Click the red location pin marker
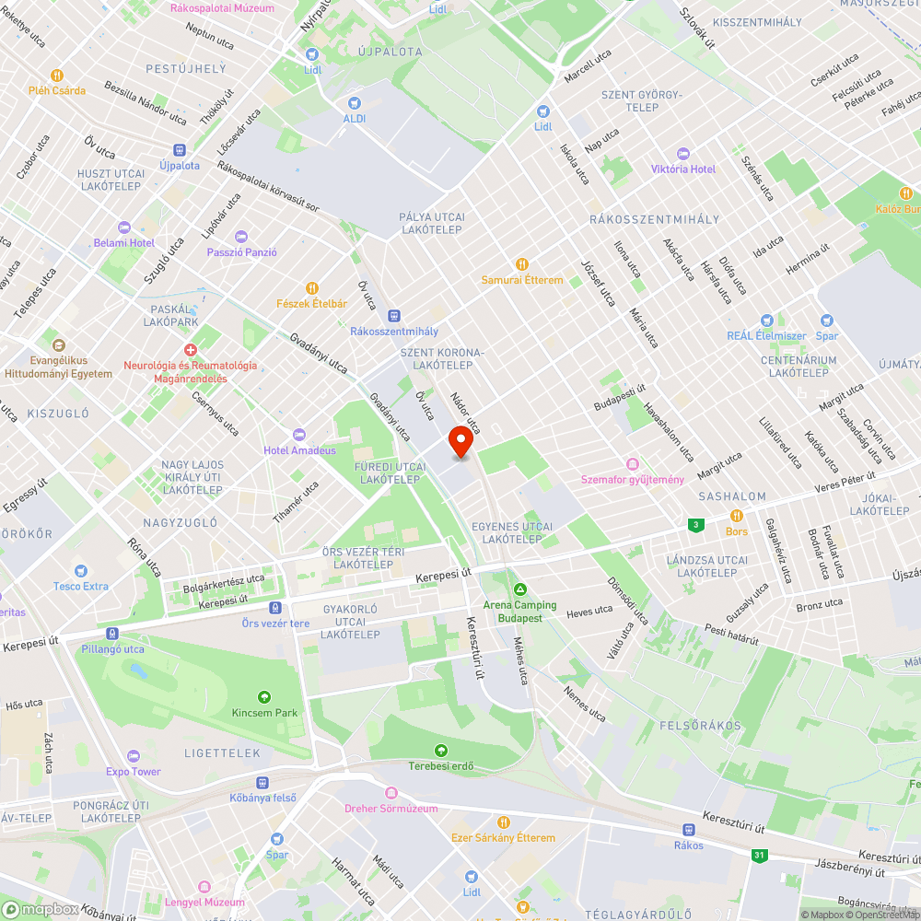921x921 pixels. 460,441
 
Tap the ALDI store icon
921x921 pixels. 355,103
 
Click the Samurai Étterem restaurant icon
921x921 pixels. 522,264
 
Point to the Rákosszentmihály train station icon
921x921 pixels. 394,316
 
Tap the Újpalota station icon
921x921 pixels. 180,150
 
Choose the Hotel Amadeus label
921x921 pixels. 300,450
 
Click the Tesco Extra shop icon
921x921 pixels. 80,570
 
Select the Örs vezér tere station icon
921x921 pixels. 275,608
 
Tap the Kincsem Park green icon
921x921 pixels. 265,697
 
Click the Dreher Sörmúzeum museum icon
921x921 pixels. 391,793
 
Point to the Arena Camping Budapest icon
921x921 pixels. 519,589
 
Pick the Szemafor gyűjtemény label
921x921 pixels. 632,479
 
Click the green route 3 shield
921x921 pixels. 696,525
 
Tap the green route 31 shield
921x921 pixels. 759,856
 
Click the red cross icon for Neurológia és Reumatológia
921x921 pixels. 190,350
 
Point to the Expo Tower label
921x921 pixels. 133,772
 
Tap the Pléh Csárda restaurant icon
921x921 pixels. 56,76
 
